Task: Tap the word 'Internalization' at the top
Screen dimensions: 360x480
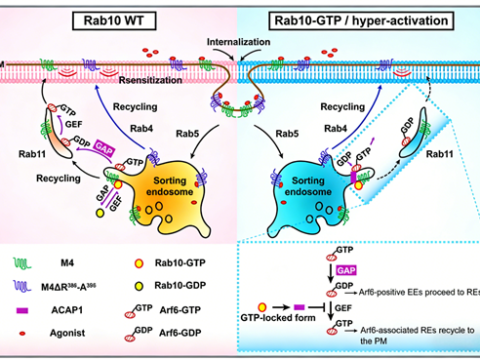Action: coord(238,44)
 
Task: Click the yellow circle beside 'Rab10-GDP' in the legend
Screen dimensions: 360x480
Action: coord(140,287)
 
